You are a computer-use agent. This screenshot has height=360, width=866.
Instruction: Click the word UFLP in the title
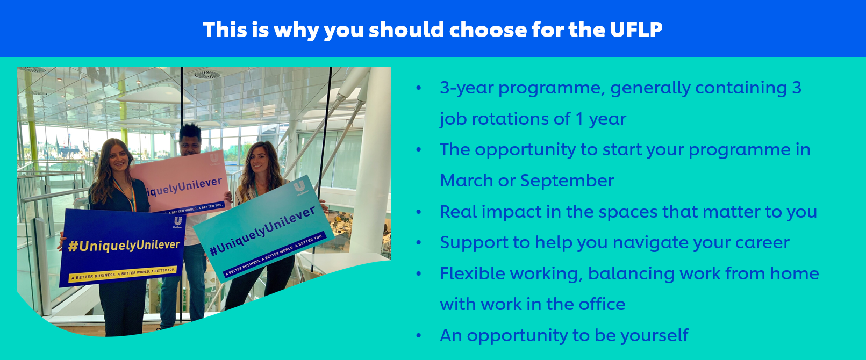point(636,30)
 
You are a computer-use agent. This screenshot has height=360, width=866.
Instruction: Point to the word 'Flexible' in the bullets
point(472,273)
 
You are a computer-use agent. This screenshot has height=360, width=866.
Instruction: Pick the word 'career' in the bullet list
point(762,243)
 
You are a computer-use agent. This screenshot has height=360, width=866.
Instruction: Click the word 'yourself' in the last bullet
point(655,335)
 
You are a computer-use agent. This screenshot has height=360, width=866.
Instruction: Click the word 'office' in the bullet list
point(602,304)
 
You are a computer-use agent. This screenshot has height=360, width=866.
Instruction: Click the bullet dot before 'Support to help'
point(419,243)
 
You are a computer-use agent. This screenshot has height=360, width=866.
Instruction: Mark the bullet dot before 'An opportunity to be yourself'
point(419,336)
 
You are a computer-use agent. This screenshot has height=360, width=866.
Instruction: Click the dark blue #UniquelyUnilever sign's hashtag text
point(124,245)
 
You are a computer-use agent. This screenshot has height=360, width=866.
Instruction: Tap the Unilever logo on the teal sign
point(299,189)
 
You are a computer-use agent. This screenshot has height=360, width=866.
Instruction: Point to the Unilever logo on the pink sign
point(214,159)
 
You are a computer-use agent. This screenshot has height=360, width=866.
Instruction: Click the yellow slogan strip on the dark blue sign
point(123,273)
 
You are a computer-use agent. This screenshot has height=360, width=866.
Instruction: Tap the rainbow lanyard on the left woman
point(126,195)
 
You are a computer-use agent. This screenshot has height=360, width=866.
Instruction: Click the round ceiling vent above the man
point(207,75)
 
